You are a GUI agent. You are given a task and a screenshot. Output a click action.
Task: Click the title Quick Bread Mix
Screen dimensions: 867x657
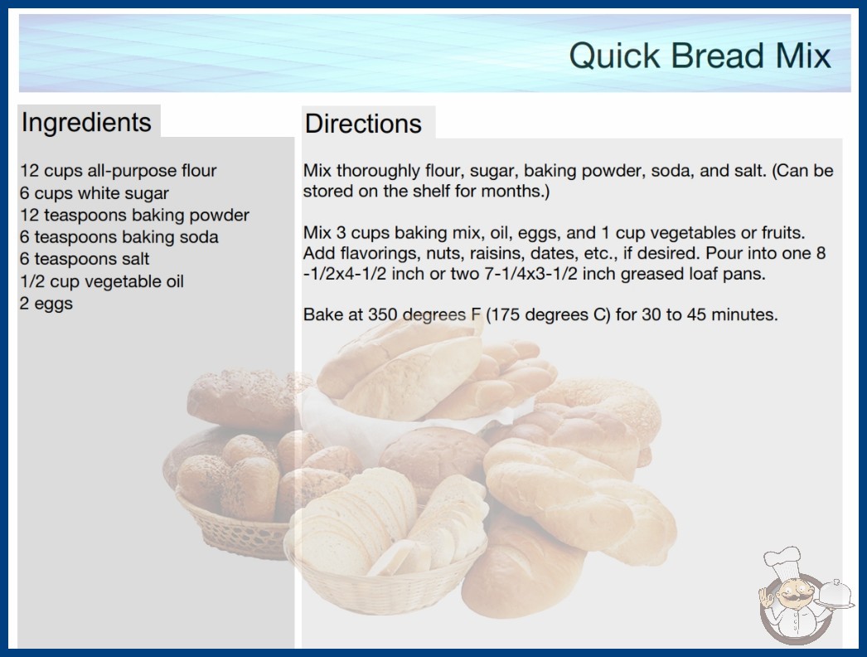click(700, 56)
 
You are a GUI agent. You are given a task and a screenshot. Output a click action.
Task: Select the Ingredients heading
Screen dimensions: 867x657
click(86, 123)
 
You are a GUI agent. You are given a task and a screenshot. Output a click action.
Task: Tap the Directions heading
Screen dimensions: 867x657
click(363, 124)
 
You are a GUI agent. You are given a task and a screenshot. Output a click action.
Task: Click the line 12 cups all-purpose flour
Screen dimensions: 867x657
click(119, 171)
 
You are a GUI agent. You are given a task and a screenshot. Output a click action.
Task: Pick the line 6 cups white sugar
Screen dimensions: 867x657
click(94, 193)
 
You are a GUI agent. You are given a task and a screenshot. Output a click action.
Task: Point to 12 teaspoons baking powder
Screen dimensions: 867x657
click(135, 215)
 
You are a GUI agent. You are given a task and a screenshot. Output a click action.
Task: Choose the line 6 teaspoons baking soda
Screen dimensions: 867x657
click(119, 237)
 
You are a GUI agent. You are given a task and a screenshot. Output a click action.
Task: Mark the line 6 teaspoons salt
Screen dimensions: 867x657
click(85, 259)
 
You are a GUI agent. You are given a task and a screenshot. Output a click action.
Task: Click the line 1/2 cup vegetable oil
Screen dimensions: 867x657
click(102, 281)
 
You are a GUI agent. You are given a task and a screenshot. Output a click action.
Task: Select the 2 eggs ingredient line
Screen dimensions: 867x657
click(46, 304)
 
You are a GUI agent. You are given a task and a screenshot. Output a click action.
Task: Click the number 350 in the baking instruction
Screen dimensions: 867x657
click(383, 314)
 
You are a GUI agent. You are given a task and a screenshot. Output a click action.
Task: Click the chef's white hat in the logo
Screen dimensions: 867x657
click(783, 560)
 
